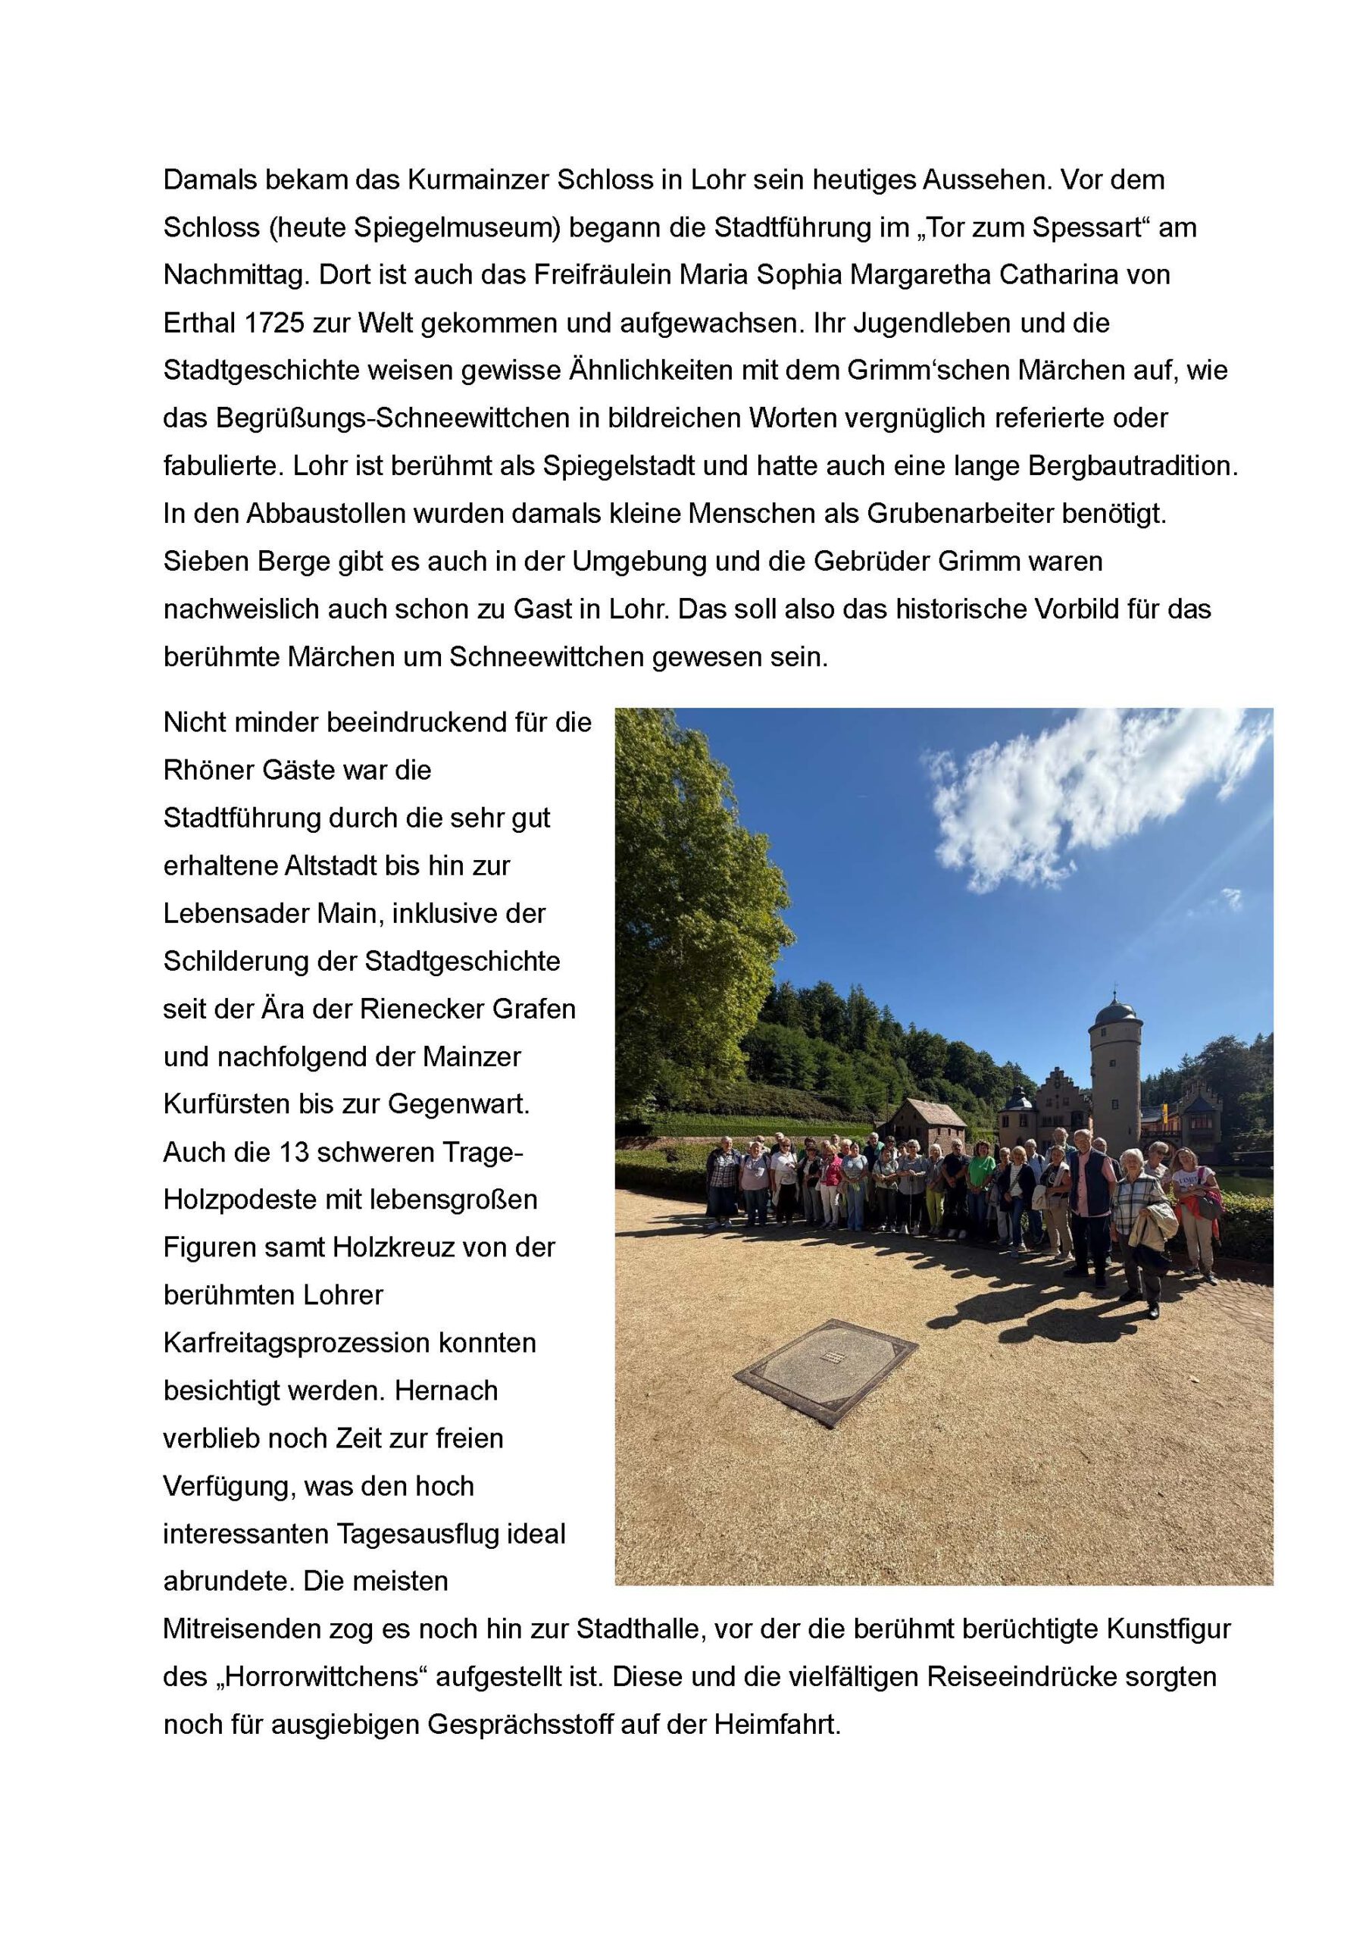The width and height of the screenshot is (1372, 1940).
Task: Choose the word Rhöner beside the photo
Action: point(211,771)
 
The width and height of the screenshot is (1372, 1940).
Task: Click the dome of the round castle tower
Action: point(1116,1009)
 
